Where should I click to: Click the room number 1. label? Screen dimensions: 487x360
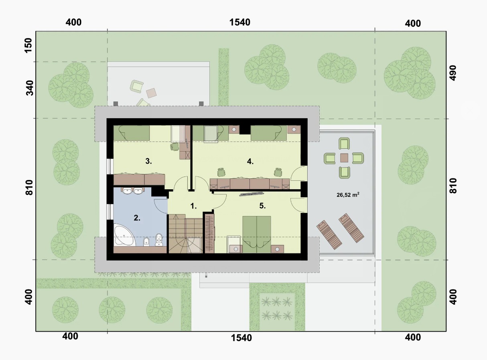tap(193, 206)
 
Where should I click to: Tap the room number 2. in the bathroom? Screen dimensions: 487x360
tap(137, 218)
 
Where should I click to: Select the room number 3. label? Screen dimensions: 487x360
tap(148, 161)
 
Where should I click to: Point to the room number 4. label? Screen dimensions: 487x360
tap(250, 162)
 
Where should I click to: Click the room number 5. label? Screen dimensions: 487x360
tap(262, 206)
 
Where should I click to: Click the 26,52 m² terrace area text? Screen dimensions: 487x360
tap(348, 195)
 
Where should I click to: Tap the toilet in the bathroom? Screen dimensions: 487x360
tap(158, 240)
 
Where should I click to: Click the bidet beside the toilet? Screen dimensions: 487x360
tap(146, 242)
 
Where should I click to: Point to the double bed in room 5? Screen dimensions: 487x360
tap(257, 235)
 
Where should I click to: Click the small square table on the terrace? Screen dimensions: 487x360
tap(344, 158)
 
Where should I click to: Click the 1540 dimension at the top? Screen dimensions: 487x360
tap(240, 22)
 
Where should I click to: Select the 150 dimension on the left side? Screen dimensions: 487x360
tap(28, 45)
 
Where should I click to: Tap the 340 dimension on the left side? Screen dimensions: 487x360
tap(30, 88)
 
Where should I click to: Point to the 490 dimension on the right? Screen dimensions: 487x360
tap(453, 73)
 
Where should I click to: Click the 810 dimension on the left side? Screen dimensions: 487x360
tap(29, 187)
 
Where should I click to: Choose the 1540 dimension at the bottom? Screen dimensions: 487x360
tap(241, 338)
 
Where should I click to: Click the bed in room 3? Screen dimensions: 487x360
tap(132, 133)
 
